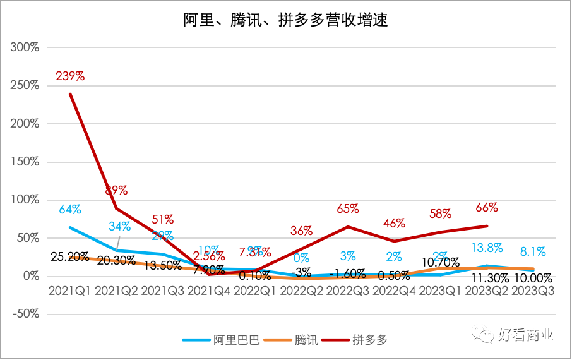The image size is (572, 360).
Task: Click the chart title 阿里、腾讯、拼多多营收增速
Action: click(x=286, y=20)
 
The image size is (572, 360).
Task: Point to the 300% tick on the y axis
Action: click(x=25, y=47)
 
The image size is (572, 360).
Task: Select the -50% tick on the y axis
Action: click(x=25, y=314)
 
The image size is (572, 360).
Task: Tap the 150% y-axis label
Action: click(x=25, y=162)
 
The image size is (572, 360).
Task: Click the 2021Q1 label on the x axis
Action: click(x=69, y=292)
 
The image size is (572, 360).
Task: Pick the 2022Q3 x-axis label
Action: click(x=348, y=292)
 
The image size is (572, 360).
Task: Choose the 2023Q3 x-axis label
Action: click(x=534, y=292)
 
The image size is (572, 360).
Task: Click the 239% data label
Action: click(x=70, y=76)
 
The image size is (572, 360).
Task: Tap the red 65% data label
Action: click(x=348, y=208)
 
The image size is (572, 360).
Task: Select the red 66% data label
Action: click(x=487, y=207)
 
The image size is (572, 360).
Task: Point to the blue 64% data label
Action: click(x=70, y=209)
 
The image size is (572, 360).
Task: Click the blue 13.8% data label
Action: click(x=487, y=248)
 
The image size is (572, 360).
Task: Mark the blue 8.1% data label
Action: click(x=533, y=251)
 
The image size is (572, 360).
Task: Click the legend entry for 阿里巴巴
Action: click(x=221, y=340)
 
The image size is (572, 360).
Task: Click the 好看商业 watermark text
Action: click(x=525, y=335)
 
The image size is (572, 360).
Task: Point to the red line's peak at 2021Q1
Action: click(x=70, y=94)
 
